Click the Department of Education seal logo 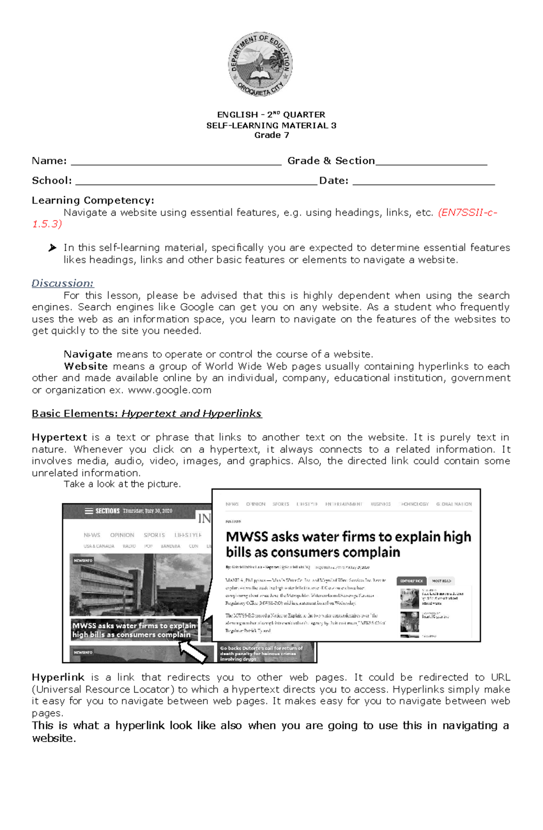260,64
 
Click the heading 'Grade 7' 271,135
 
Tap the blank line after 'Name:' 176,162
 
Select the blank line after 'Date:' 423,182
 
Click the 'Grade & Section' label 331,161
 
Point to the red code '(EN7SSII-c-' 467,213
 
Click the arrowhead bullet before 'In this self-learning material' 52,248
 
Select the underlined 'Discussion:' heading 62,284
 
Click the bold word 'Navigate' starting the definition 88,354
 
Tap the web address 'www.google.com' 170,390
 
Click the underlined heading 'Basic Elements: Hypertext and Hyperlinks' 147,413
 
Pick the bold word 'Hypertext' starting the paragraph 59,437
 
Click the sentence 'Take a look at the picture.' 122,484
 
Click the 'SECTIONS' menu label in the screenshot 107,511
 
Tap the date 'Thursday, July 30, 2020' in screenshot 148,511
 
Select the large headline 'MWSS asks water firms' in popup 348,544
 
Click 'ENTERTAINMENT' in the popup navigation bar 343,504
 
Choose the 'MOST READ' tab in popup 441,581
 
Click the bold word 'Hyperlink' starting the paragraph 58,678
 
